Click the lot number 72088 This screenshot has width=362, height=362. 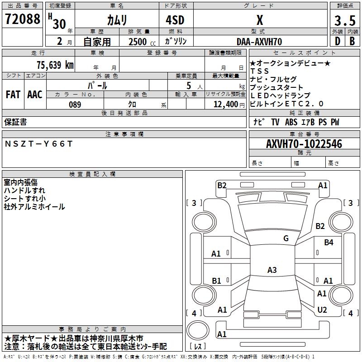[22, 19]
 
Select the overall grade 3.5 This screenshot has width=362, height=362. [345, 20]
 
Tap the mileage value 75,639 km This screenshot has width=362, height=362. [55, 65]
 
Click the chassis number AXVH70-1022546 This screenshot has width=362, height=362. [304, 144]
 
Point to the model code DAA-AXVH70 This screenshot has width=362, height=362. [259, 42]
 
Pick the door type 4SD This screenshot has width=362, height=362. [175, 20]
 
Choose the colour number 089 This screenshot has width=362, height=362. [75, 105]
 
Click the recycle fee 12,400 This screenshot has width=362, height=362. [225, 105]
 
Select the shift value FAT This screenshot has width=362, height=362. [13, 94]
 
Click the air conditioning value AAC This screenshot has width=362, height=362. [35, 94]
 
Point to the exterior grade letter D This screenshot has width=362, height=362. [337, 41]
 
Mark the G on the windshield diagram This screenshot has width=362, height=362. [286, 238]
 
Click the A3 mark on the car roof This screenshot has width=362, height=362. [272, 270]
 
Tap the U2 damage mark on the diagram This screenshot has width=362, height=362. [322, 310]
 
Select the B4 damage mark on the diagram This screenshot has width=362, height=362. [329, 242]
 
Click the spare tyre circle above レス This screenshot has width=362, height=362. [198, 330]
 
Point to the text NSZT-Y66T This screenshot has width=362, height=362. [38, 144]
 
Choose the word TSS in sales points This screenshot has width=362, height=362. [259, 71]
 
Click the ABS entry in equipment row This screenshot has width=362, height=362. [291, 122]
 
